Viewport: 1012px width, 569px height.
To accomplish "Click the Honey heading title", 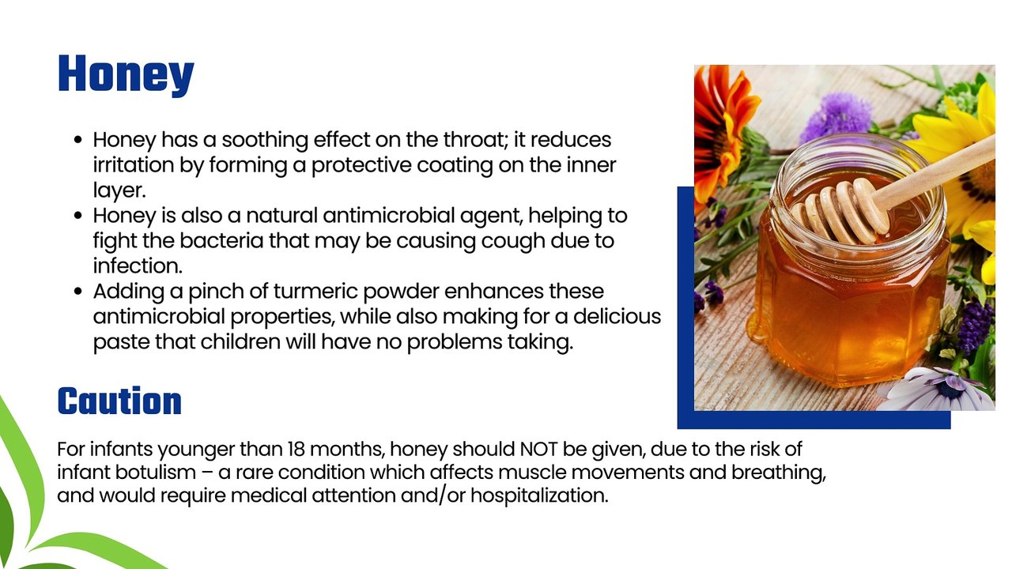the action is [x=126, y=74].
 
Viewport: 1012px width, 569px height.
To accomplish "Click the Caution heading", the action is [x=119, y=401].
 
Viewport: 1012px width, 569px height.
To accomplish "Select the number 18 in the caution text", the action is [x=296, y=449].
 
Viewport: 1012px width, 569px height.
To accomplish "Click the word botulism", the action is [x=156, y=473].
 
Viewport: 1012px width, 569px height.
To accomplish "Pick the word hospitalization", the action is [x=539, y=496].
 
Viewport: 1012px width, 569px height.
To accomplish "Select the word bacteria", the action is [x=221, y=241].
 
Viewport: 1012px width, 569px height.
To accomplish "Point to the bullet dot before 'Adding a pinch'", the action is [x=77, y=292].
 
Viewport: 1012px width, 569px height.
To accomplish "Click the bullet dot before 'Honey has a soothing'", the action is [x=77, y=140].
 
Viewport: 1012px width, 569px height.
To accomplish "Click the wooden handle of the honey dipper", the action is [x=935, y=172].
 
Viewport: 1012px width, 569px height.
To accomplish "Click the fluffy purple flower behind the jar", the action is [x=838, y=115].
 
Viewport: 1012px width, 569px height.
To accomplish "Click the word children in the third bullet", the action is [x=241, y=342].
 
